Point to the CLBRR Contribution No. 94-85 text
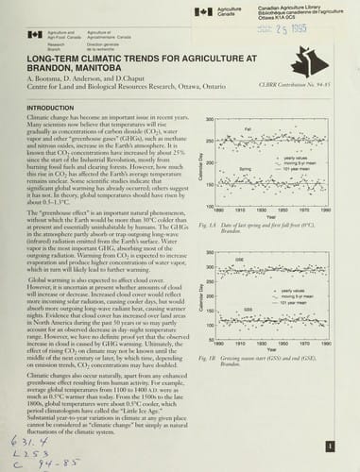coord(294,111)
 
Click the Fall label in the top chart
coord(248,128)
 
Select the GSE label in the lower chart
coord(249,258)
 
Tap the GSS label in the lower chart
coord(248,309)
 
